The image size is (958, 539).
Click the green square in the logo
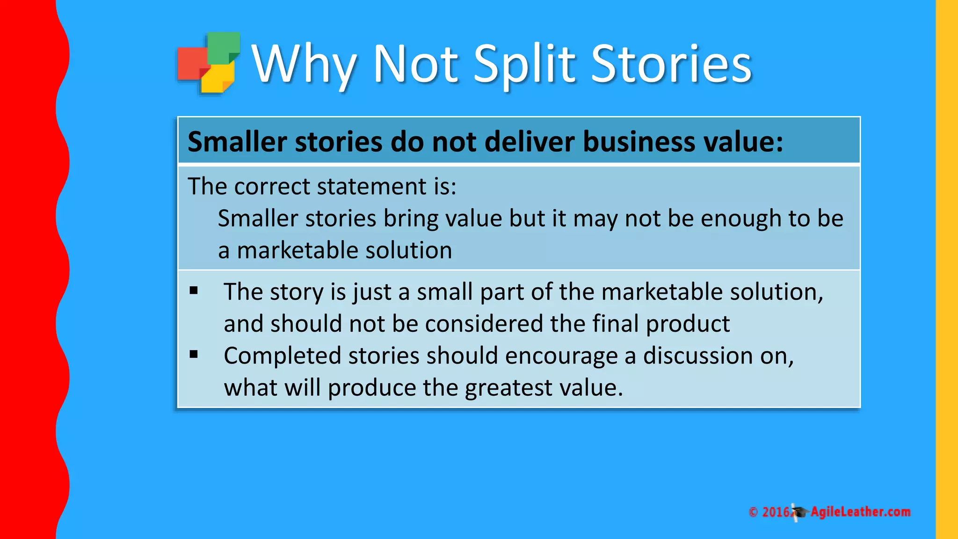(224, 47)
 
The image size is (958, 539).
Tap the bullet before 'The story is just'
(194, 291)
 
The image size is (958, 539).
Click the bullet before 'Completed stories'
(194, 355)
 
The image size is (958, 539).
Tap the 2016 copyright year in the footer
(776, 512)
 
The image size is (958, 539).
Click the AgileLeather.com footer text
(860, 512)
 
